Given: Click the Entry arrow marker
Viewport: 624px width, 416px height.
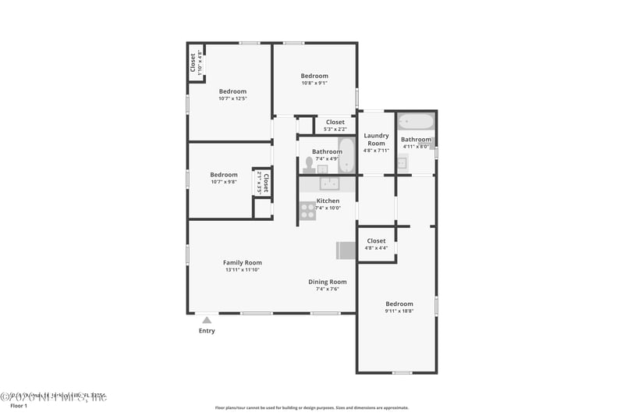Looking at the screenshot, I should click(207, 319).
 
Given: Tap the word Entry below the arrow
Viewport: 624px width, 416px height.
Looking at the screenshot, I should click(207, 331).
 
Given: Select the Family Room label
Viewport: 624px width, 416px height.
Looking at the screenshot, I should click(243, 263).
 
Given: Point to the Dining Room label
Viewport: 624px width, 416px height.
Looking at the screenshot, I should click(328, 282).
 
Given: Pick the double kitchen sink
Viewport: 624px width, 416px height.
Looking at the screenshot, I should click(328, 184).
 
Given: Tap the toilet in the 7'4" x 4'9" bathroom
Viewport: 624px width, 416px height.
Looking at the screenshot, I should click(309, 164).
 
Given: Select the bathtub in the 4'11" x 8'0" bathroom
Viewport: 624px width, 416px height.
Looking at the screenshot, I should click(415, 122).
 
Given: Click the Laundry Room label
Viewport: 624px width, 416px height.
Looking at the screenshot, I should click(376, 140).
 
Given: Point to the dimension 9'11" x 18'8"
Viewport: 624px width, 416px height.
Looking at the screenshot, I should click(399, 311).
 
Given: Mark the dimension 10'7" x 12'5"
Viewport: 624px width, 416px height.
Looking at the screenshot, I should click(232, 99).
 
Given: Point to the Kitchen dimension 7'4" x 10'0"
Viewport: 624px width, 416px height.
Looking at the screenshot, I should click(328, 208).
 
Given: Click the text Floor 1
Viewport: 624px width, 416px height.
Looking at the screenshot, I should click(18, 406).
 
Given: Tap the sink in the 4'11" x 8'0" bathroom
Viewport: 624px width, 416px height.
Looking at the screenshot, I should click(402, 162).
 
